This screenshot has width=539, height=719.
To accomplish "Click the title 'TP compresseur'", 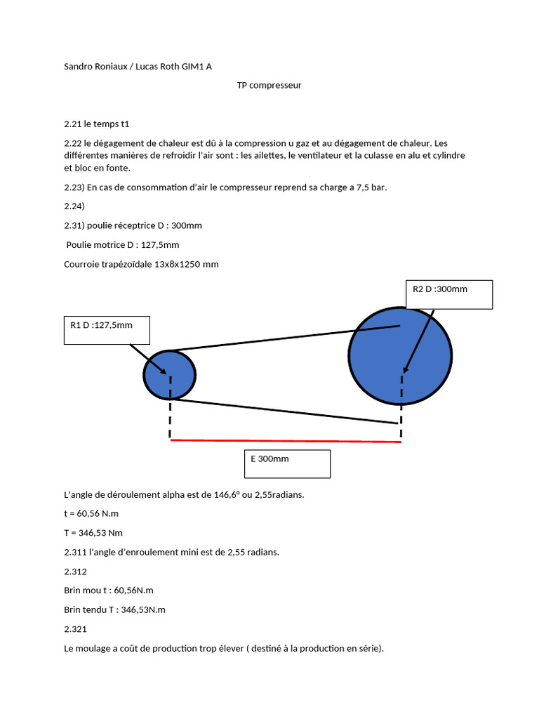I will coord(269,85).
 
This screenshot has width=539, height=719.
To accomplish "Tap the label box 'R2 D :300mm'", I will coord(448,294).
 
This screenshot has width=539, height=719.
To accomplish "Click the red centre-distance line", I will coord(285,441).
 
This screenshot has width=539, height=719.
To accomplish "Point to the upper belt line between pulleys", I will coord(281,338).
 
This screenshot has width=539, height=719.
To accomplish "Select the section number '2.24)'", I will coord(74,206).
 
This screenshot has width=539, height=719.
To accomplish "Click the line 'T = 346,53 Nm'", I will coord(93,533).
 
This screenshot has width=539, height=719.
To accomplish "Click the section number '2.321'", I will coord(75,629).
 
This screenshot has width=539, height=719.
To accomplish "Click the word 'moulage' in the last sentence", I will coord(98,649).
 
